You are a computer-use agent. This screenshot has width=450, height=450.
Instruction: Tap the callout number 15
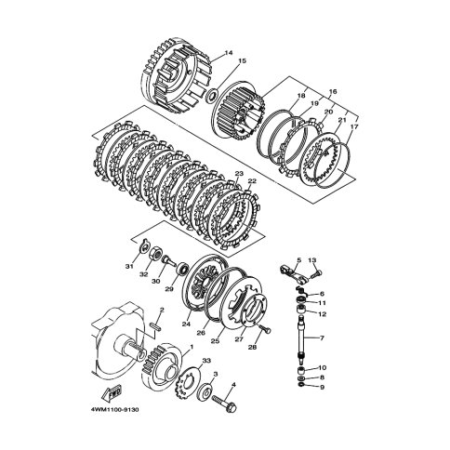click(243, 63)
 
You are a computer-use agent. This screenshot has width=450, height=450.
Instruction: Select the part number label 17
click(353, 126)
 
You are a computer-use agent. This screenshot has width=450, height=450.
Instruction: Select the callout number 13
click(313, 260)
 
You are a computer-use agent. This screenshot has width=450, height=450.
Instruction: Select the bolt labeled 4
click(222, 405)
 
